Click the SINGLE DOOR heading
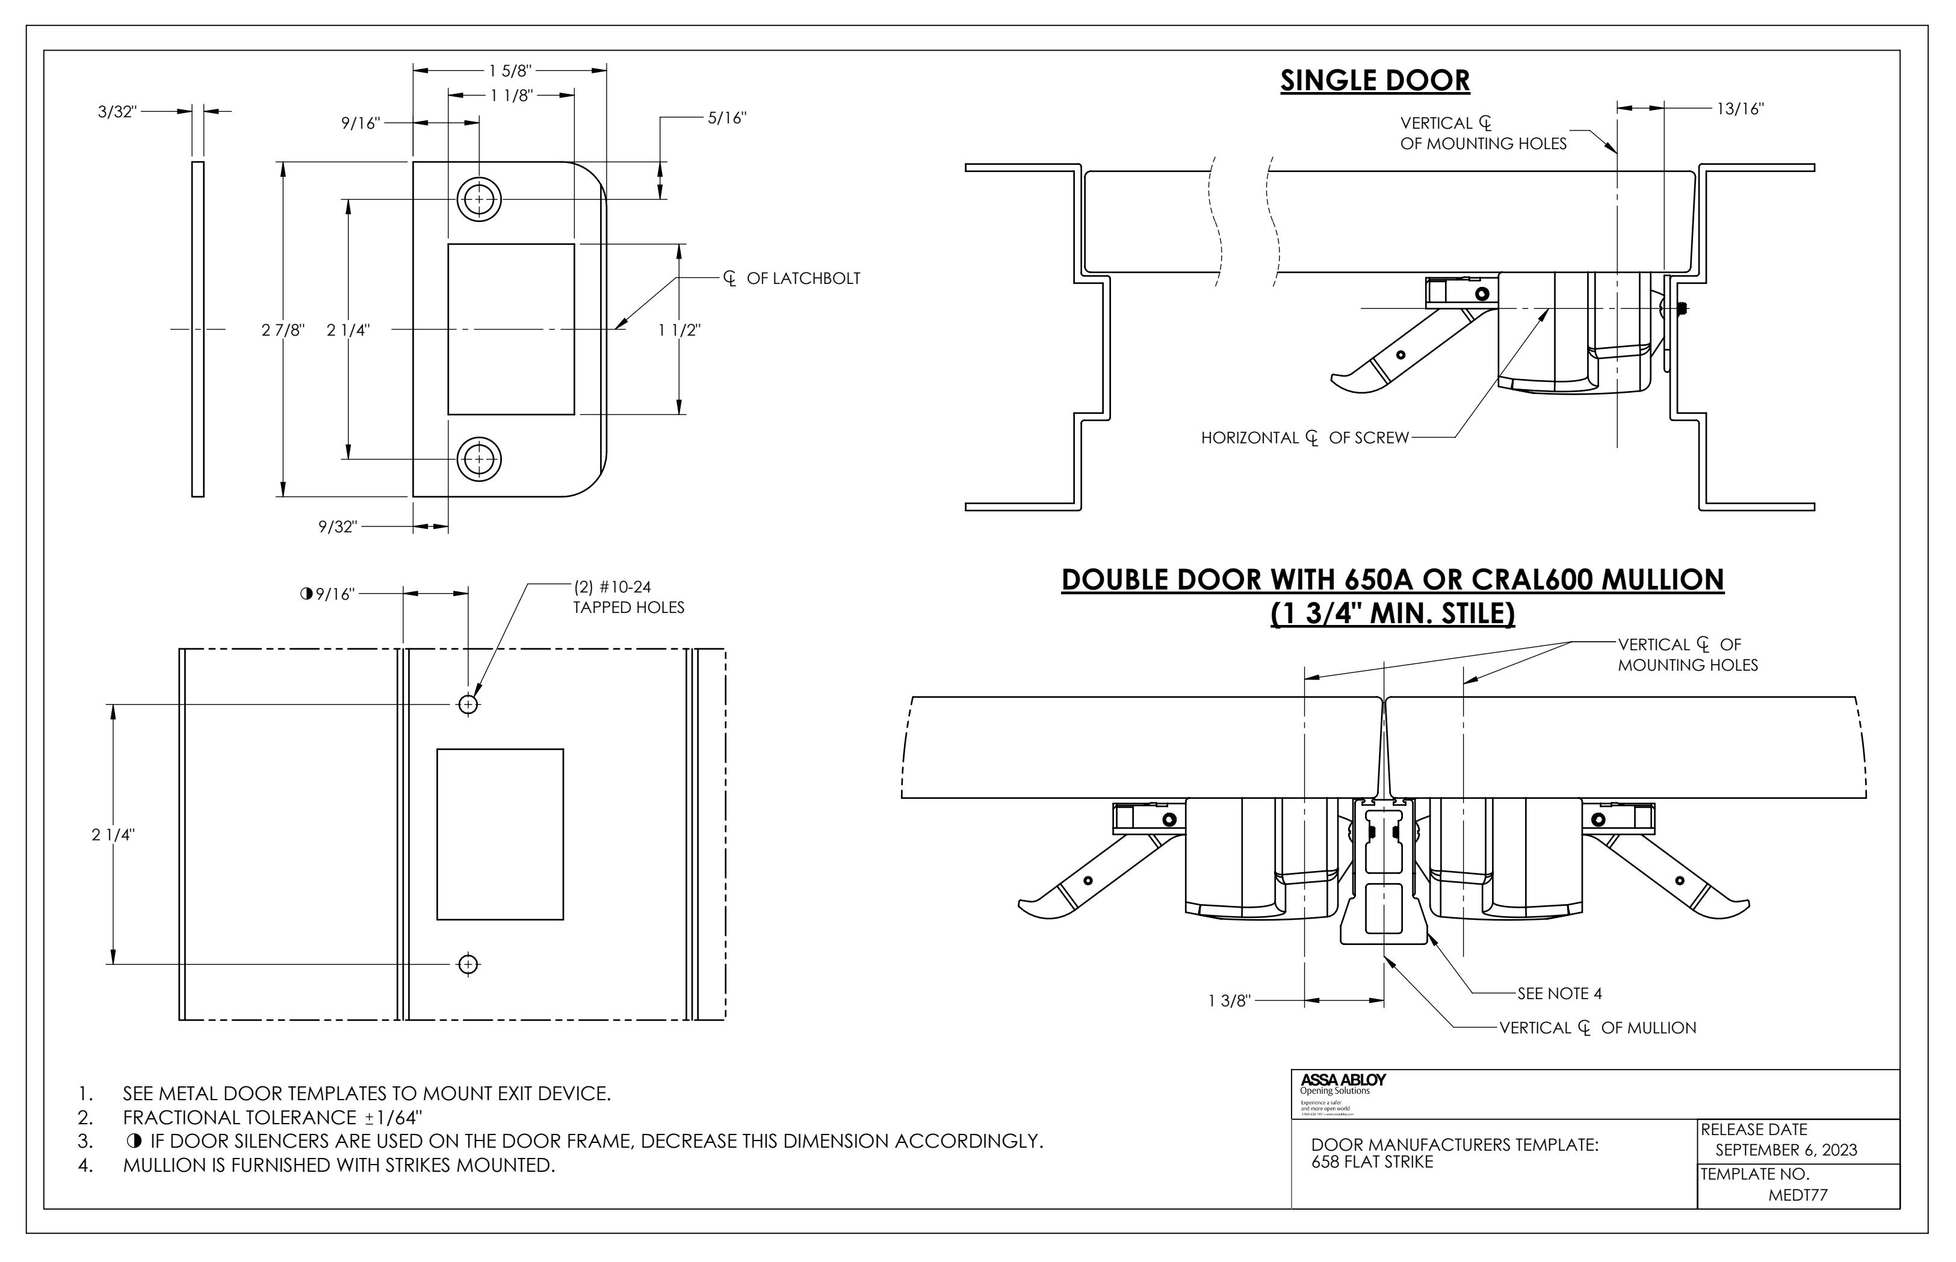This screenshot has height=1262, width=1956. pyautogui.click(x=1374, y=81)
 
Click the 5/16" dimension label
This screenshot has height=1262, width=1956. pyautogui.click(x=726, y=118)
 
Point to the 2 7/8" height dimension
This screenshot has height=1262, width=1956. pyautogui.click(x=283, y=330)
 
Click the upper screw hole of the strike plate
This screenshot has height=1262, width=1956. pyautogui.click(x=478, y=199)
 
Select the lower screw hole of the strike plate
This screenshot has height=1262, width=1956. pyautogui.click(x=478, y=459)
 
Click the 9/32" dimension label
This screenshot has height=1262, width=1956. pyautogui.click(x=338, y=527)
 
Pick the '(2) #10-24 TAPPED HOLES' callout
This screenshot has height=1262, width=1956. pyautogui.click(x=627, y=597)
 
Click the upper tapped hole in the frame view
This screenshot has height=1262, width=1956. pyautogui.click(x=468, y=704)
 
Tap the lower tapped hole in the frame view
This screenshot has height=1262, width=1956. pyautogui.click(x=468, y=964)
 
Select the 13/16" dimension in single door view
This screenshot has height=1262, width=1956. pyautogui.click(x=1739, y=108)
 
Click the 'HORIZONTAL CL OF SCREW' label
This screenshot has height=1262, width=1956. pyautogui.click(x=1304, y=437)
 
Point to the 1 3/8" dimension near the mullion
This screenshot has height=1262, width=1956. pyautogui.click(x=1229, y=1000)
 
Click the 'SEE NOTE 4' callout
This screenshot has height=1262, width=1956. pyautogui.click(x=1558, y=993)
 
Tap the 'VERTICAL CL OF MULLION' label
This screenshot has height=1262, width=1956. pyautogui.click(x=1597, y=1027)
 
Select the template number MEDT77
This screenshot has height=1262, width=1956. pyautogui.click(x=1797, y=1195)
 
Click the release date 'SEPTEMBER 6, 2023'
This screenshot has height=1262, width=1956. pyautogui.click(x=1786, y=1150)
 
